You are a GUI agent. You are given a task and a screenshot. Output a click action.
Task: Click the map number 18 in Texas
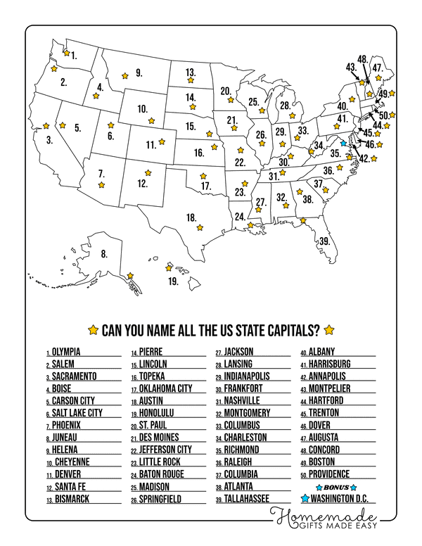(x=191, y=217)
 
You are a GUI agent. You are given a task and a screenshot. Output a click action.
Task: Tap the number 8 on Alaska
(x=103, y=253)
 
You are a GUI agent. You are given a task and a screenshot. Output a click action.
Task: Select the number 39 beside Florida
(x=324, y=241)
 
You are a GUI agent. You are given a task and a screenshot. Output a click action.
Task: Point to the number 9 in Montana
(x=139, y=72)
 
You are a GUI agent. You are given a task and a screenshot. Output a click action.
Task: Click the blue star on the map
(x=343, y=142)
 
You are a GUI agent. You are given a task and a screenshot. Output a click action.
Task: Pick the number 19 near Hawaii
(x=173, y=281)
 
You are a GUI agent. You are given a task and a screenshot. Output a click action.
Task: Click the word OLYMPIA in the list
(x=66, y=351)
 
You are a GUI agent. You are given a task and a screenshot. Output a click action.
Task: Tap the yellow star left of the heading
(x=93, y=329)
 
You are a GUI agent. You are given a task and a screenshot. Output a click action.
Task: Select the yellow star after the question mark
(x=328, y=329)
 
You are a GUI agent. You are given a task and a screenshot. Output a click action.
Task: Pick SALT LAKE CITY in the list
(x=77, y=412)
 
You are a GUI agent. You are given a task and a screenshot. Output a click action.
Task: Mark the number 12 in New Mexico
(x=142, y=184)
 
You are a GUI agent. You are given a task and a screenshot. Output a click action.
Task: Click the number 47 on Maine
(x=378, y=68)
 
